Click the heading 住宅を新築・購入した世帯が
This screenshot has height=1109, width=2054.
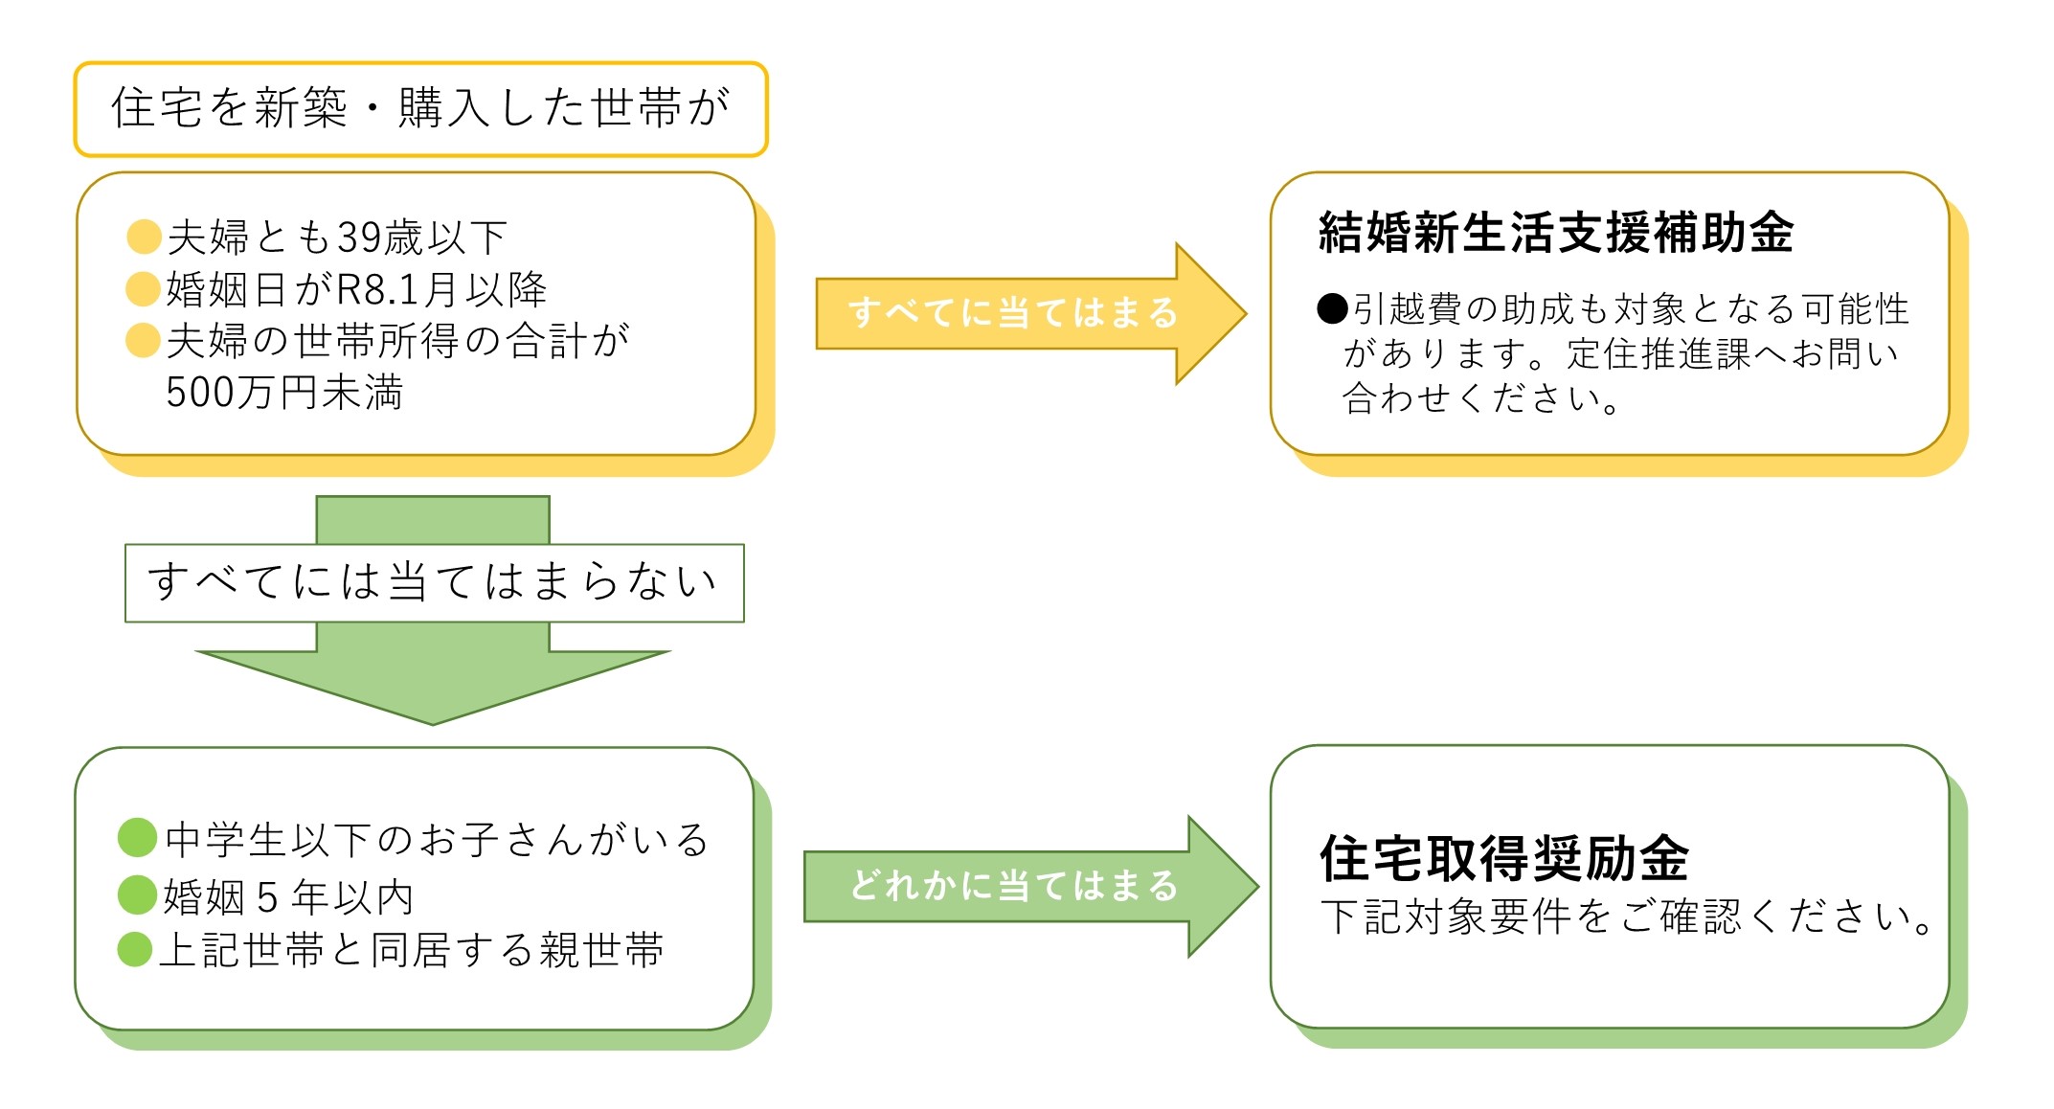tap(420, 107)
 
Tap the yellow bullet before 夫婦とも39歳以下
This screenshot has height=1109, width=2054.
tap(144, 237)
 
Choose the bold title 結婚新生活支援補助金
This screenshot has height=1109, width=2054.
tap(1555, 233)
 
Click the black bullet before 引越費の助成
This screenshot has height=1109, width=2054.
tap(1332, 308)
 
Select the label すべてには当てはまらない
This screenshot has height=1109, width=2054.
tap(433, 582)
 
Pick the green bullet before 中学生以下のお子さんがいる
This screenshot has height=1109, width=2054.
tap(137, 837)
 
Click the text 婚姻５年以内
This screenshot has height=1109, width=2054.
tap(288, 897)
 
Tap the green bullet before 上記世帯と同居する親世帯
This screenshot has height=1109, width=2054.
tap(135, 949)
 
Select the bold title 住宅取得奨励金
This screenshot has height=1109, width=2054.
tap(1503, 857)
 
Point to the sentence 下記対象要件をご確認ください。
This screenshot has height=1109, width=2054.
tap(1626, 917)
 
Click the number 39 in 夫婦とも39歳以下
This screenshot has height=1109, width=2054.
tap(360, 238)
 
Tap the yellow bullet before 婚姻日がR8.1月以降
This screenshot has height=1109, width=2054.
tap(143, 288)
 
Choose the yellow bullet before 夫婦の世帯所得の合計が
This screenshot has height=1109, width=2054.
tap(143, 340)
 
